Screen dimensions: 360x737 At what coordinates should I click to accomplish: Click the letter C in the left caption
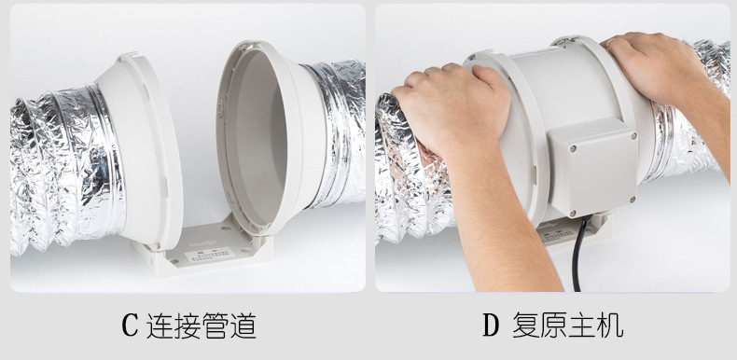click(130, 325)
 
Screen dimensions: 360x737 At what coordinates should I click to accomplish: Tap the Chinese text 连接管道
click(202, 325)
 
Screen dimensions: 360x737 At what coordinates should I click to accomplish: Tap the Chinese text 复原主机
click(567, 325)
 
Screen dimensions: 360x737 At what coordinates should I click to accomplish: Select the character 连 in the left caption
click(160, 325)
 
